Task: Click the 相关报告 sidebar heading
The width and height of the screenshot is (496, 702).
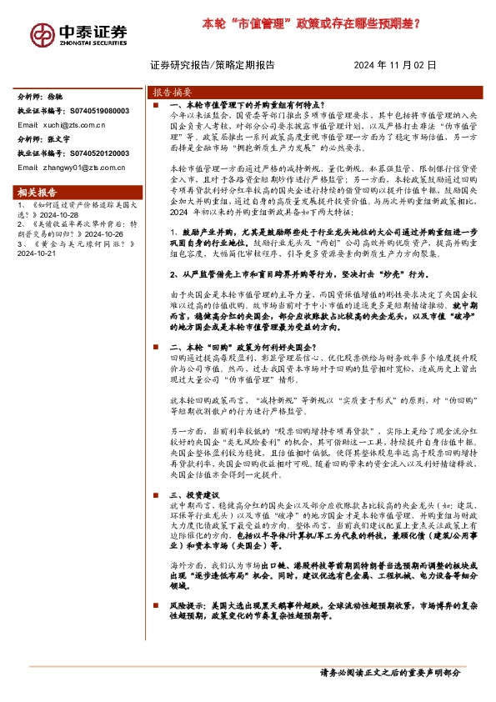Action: pyautogui.click(x=38, y=193)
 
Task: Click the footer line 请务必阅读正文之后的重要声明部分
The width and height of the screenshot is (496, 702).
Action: pyautogui.click(x=389, y=672)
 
